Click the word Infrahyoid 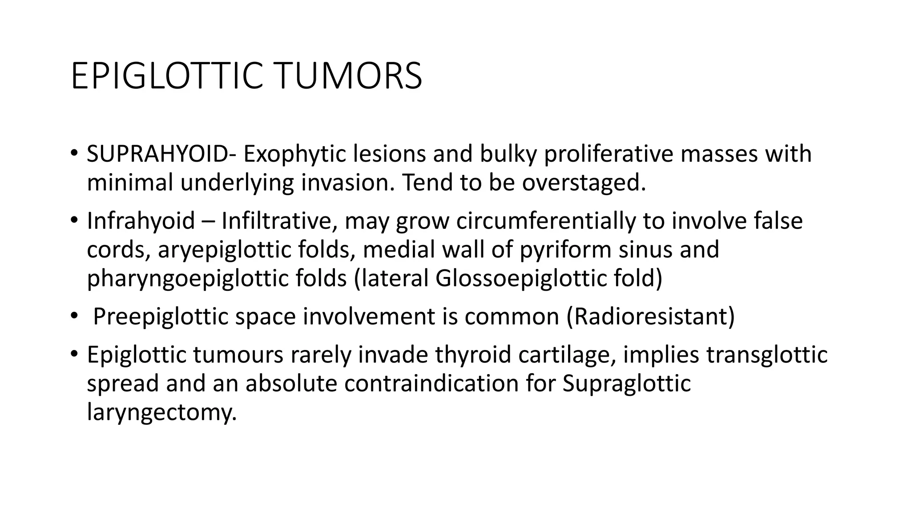141,221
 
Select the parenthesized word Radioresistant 650,317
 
